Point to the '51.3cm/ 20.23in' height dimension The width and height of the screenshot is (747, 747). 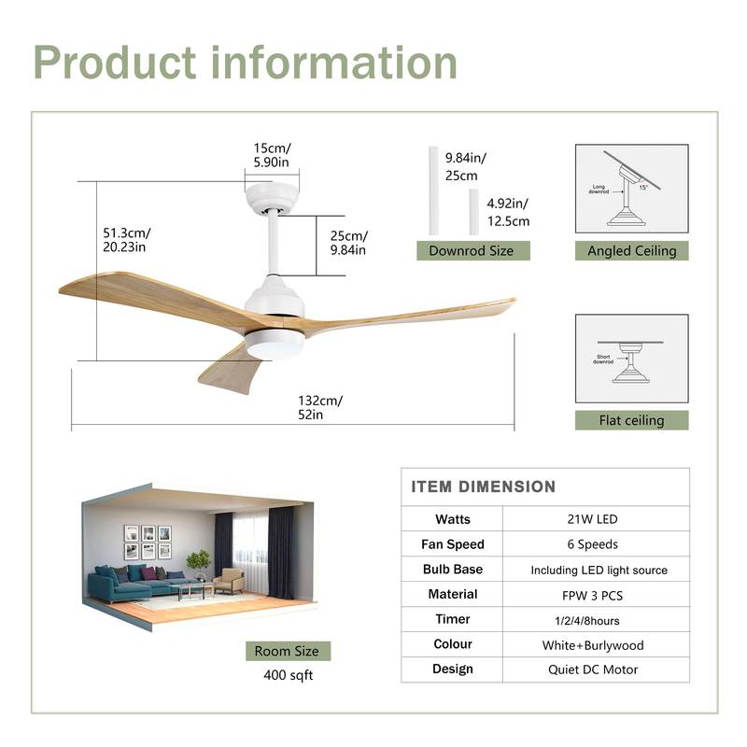[x=127, y=240]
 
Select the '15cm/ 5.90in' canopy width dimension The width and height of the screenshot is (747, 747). [x=272, y=155]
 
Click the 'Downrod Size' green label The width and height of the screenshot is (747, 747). [x=472, y=250]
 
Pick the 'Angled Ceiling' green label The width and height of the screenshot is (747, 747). [x=631, y=250]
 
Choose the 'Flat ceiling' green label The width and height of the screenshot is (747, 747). [x=631, y=420]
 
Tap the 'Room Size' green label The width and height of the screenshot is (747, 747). [x=287, y=651]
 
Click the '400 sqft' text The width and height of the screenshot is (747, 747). [x=287, y=675]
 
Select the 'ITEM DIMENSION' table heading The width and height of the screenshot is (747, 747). [x=483, y=486]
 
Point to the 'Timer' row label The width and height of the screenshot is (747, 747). [x=453, y=619]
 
